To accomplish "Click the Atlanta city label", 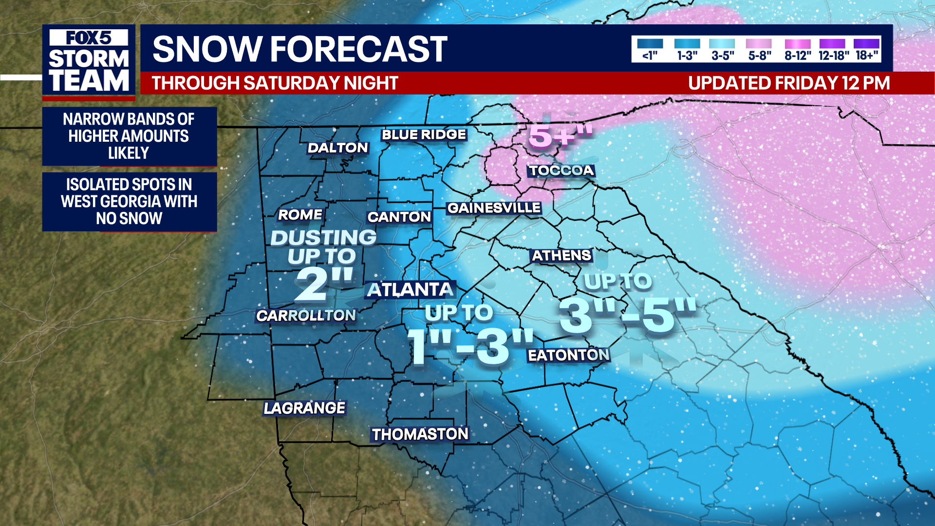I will click(x=411, y=290).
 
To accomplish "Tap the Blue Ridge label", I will click(x=424, y=134).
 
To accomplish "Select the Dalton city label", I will click(x=337, y=148).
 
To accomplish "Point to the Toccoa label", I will click(x=561, y=170).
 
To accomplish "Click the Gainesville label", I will click(x=494, y=208).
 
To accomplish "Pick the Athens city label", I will click(x=561, y=255).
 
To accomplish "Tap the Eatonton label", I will click(x=568, y=355).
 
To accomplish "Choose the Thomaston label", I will click(x=420, y=434).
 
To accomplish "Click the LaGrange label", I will click(x=304, y=408).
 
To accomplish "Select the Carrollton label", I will click(x=306, y=316).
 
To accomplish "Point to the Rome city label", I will click(x=300, y=215).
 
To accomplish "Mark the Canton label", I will click(x=399, y=217).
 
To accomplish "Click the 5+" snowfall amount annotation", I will click(x=560, y=135).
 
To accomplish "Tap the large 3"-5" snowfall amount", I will click(x=627, y=316).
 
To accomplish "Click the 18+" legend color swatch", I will click(x=866, y=44).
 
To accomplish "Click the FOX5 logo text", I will click(x=89, y=38).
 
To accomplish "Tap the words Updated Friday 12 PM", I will click(x=789, y=83).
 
